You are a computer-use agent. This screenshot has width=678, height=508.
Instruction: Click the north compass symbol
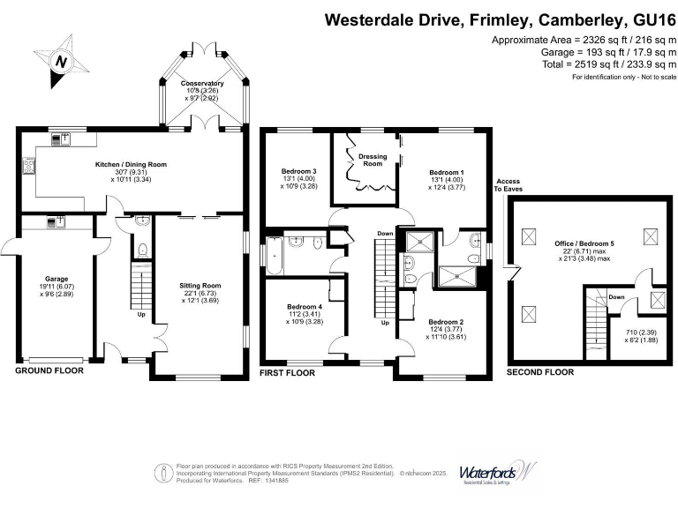(x=61, y=61)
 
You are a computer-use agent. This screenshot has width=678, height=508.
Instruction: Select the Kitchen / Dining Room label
(x=131, y=164)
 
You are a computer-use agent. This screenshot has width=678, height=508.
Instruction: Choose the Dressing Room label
(x=373, y=160)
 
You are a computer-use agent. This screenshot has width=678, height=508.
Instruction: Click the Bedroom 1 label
(x=447, y=172)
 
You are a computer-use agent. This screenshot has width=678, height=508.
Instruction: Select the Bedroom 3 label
(x=298, y=171)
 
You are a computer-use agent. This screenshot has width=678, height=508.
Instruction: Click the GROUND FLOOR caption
(x=49, y=371)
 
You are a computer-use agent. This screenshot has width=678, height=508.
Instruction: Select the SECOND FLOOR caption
(x=539, y=372)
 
